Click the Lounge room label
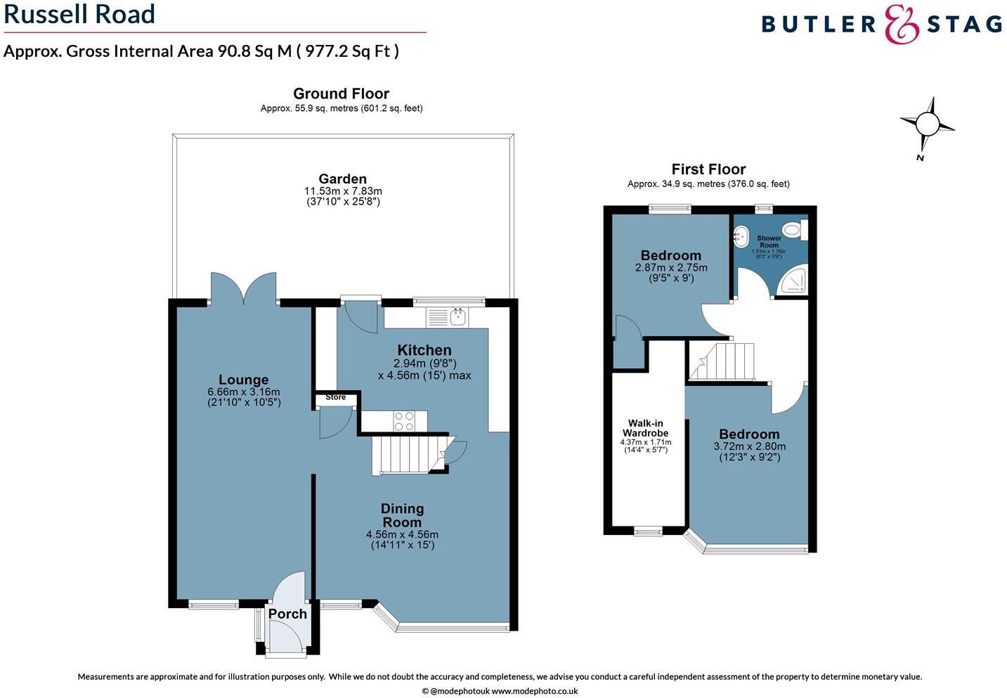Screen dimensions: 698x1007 coord(243,380)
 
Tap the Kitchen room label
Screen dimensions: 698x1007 coord(424,350)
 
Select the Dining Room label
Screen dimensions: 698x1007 coord(402,515)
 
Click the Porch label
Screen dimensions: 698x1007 coord(287,614)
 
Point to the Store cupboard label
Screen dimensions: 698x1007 coord(335,398)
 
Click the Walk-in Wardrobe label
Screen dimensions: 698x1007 coord(645,428)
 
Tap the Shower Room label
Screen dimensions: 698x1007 coord(769,242)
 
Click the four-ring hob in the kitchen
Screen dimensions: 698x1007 coord(404,420)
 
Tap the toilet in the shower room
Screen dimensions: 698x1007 coord(794,229)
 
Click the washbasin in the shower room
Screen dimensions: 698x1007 coord(741,236)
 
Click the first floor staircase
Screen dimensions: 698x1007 coord(722,361)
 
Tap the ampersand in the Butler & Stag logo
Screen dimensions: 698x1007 coord(901,25)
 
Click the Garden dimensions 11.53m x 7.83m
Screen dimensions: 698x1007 coord(343,191)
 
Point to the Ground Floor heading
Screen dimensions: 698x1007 coord(341,93)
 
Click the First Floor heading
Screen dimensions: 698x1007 coord(708,169)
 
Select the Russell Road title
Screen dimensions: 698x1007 coord(79,15)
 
